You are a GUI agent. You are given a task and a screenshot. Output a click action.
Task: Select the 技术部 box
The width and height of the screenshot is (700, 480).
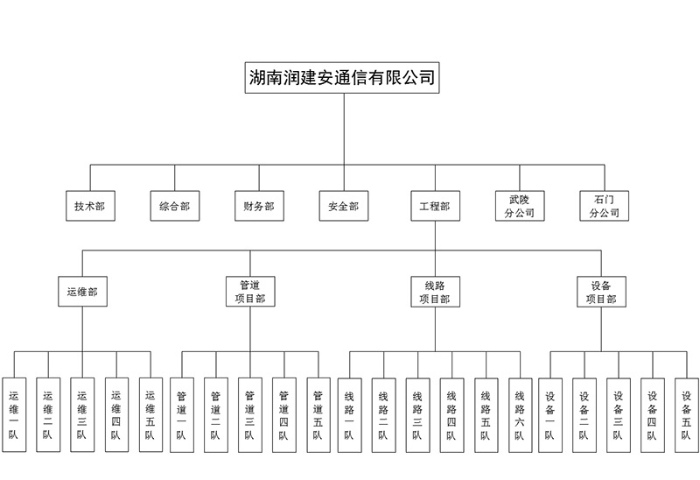(x=89, y=207)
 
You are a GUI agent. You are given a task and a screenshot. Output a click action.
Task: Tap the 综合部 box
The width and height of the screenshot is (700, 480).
(x=174, y=207)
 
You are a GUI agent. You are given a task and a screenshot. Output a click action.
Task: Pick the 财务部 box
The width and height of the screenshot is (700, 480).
(x=258, y=207)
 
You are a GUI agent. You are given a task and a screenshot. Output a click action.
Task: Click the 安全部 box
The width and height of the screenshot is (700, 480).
(x=343, y=207)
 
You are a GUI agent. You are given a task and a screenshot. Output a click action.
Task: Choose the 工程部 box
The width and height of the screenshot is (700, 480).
(x=435, y=207)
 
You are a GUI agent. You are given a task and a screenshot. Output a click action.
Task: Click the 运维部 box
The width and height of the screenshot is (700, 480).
(x=83, y=292)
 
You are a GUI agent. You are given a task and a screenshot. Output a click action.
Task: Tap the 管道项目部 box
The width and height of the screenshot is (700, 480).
(x=250, y=292)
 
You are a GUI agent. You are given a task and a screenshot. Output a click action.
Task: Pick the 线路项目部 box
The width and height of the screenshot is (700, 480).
(x=435, y=292)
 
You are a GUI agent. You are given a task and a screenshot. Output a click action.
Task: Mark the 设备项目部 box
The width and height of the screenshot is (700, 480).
(x=601, y=292)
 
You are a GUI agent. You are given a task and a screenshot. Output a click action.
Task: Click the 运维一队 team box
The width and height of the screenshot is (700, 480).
(x=15, y=414)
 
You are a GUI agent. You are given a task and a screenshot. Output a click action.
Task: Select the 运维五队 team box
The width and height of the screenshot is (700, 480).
(x=150, y=414)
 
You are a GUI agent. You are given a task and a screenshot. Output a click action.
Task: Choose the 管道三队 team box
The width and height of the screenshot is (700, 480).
(x=249, y=414)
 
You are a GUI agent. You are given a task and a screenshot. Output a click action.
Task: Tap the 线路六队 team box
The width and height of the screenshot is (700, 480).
(x=520, y=414)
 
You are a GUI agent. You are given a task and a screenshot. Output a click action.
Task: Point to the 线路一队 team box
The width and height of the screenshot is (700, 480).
(x=350, y=414)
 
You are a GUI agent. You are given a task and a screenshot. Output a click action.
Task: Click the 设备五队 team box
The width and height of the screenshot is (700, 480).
(x=686, y=414)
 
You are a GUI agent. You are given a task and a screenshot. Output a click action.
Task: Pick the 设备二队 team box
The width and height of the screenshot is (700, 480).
(x=584, y=414)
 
